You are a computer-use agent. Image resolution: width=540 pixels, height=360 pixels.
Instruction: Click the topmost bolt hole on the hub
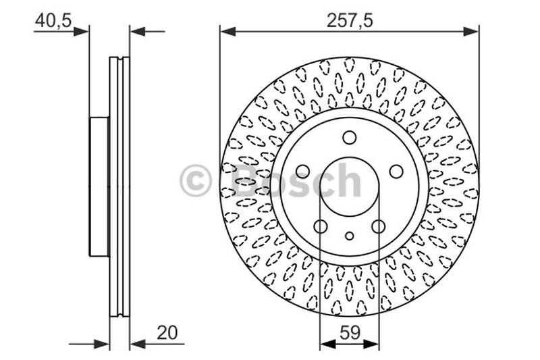point(349,138)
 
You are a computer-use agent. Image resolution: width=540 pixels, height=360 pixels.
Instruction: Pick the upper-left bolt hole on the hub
point(302,172)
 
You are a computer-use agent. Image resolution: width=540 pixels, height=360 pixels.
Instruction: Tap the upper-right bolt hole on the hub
point(396,172)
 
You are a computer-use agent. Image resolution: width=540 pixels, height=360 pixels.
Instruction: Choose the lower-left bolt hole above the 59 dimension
point(321,226)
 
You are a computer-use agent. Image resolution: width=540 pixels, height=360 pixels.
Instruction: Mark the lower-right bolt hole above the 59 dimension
point(378,226)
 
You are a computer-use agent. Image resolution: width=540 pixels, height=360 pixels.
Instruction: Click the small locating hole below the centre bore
point(349,236)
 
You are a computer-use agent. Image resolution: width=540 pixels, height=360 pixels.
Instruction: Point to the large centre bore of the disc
point(349,186)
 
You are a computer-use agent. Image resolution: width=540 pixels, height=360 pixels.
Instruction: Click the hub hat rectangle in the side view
point(99,187)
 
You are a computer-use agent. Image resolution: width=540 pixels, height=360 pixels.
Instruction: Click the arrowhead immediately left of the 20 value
point(138,344)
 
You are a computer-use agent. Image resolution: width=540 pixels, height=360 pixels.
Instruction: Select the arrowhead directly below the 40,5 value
point(81,30)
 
